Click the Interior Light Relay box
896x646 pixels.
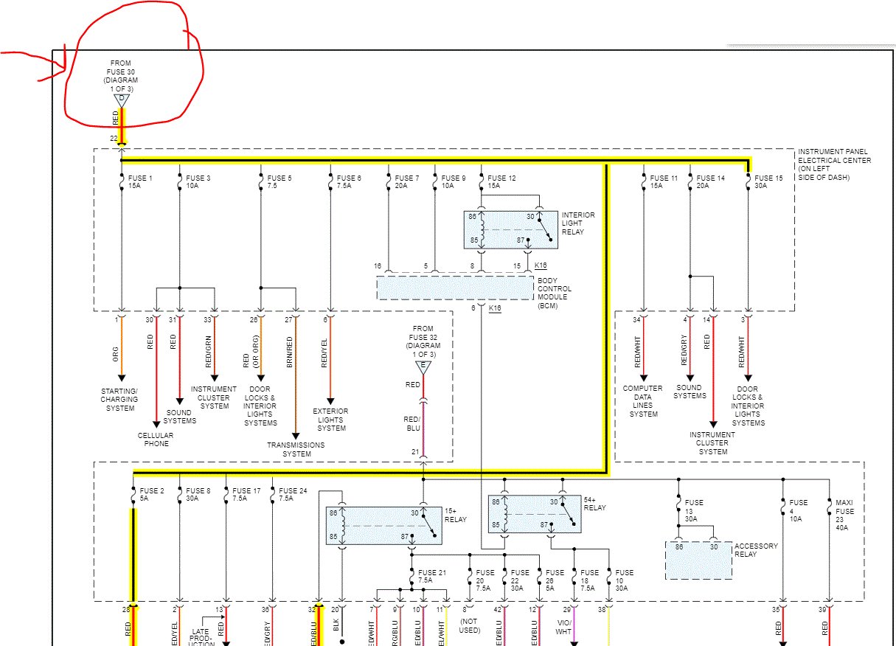coord(510,229)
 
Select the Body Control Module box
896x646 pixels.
coord(454,288)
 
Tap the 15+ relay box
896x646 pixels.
coord(384,525)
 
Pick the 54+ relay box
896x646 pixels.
coord(534,514)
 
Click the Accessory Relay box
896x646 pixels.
coord(698,560)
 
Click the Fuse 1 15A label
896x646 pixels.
coord(139,181)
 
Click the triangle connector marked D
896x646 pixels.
coord(122,100)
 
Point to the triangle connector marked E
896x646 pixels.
coord(423,367)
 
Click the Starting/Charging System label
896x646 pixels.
coord(120,399)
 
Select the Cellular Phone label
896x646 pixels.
coord(156,440)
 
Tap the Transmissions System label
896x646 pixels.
coord(296,449)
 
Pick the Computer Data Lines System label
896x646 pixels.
coord(643,401)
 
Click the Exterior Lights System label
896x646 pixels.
coord(330,420)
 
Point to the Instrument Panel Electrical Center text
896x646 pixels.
coord(834,164)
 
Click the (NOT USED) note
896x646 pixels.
coord(469,625)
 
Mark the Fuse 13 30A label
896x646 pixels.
coord(694,510)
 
